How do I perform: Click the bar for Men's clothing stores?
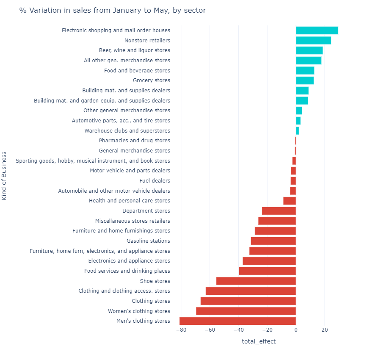point(237,321)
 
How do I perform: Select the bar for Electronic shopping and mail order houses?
point(317,30)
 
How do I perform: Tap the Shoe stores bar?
point(256,281)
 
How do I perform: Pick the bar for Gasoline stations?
point(273,241)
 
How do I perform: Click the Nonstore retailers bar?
point(313,41)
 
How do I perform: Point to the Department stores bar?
point(279,211)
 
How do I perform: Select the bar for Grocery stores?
point(304,80)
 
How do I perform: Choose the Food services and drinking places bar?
point(267,271)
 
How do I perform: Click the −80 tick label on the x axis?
point(181,330)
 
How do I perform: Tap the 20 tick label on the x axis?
point(325,330)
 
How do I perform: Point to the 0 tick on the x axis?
point(296,330)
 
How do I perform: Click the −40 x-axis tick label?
point(238,330)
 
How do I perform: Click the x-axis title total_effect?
point(259,341)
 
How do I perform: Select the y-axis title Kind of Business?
point(4,175)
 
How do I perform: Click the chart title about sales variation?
point(113,11)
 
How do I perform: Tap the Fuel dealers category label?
point(155,181)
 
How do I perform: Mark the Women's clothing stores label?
point(139,311)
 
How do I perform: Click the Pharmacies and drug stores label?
point(134,141)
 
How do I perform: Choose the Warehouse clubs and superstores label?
point(127,131)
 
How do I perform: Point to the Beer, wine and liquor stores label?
point(134,50)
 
